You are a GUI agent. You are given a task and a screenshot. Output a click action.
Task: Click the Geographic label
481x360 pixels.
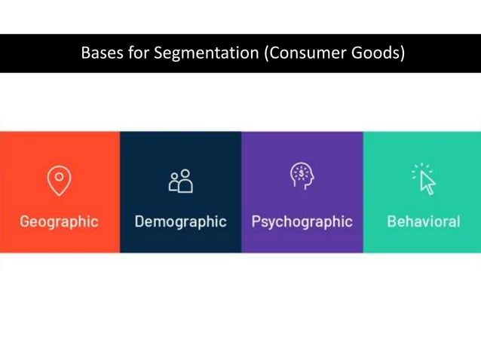click(59, 222)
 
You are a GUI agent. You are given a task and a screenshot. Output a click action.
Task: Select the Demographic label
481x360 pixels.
click(180, 222)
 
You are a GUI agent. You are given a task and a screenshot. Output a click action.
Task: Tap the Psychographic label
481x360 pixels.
click(302, 222)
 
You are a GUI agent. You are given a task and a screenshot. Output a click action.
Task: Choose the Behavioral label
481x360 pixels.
click(423, 222)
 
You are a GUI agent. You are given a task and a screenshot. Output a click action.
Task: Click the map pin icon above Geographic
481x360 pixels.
click(59, 181)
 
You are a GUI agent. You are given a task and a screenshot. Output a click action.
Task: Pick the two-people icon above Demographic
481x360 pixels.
click(180, 181)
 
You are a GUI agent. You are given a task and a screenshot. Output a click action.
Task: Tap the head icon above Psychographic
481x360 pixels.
click(302, 176)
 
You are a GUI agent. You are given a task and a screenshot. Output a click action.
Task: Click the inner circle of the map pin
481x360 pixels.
click(59, 177)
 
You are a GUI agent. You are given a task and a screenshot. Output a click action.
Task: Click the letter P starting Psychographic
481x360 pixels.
click(256, 222)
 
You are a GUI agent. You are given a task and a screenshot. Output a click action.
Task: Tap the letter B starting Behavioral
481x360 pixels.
click(391, 222)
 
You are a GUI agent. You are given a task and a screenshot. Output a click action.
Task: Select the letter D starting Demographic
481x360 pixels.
click(139, 222)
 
